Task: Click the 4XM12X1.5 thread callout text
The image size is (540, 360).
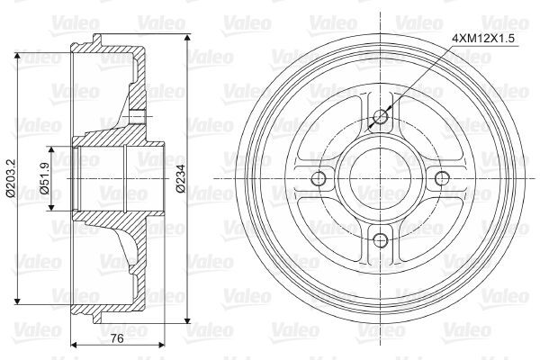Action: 482,38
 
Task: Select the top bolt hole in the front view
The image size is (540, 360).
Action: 380,117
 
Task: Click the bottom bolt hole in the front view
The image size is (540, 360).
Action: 380,239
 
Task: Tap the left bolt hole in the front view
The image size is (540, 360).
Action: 319,178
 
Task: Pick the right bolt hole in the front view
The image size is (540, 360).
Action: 441,178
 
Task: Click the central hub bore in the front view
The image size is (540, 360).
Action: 380,178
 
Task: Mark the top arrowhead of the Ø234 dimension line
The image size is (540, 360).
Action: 187,33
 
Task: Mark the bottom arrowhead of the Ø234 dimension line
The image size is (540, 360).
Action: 187,322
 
